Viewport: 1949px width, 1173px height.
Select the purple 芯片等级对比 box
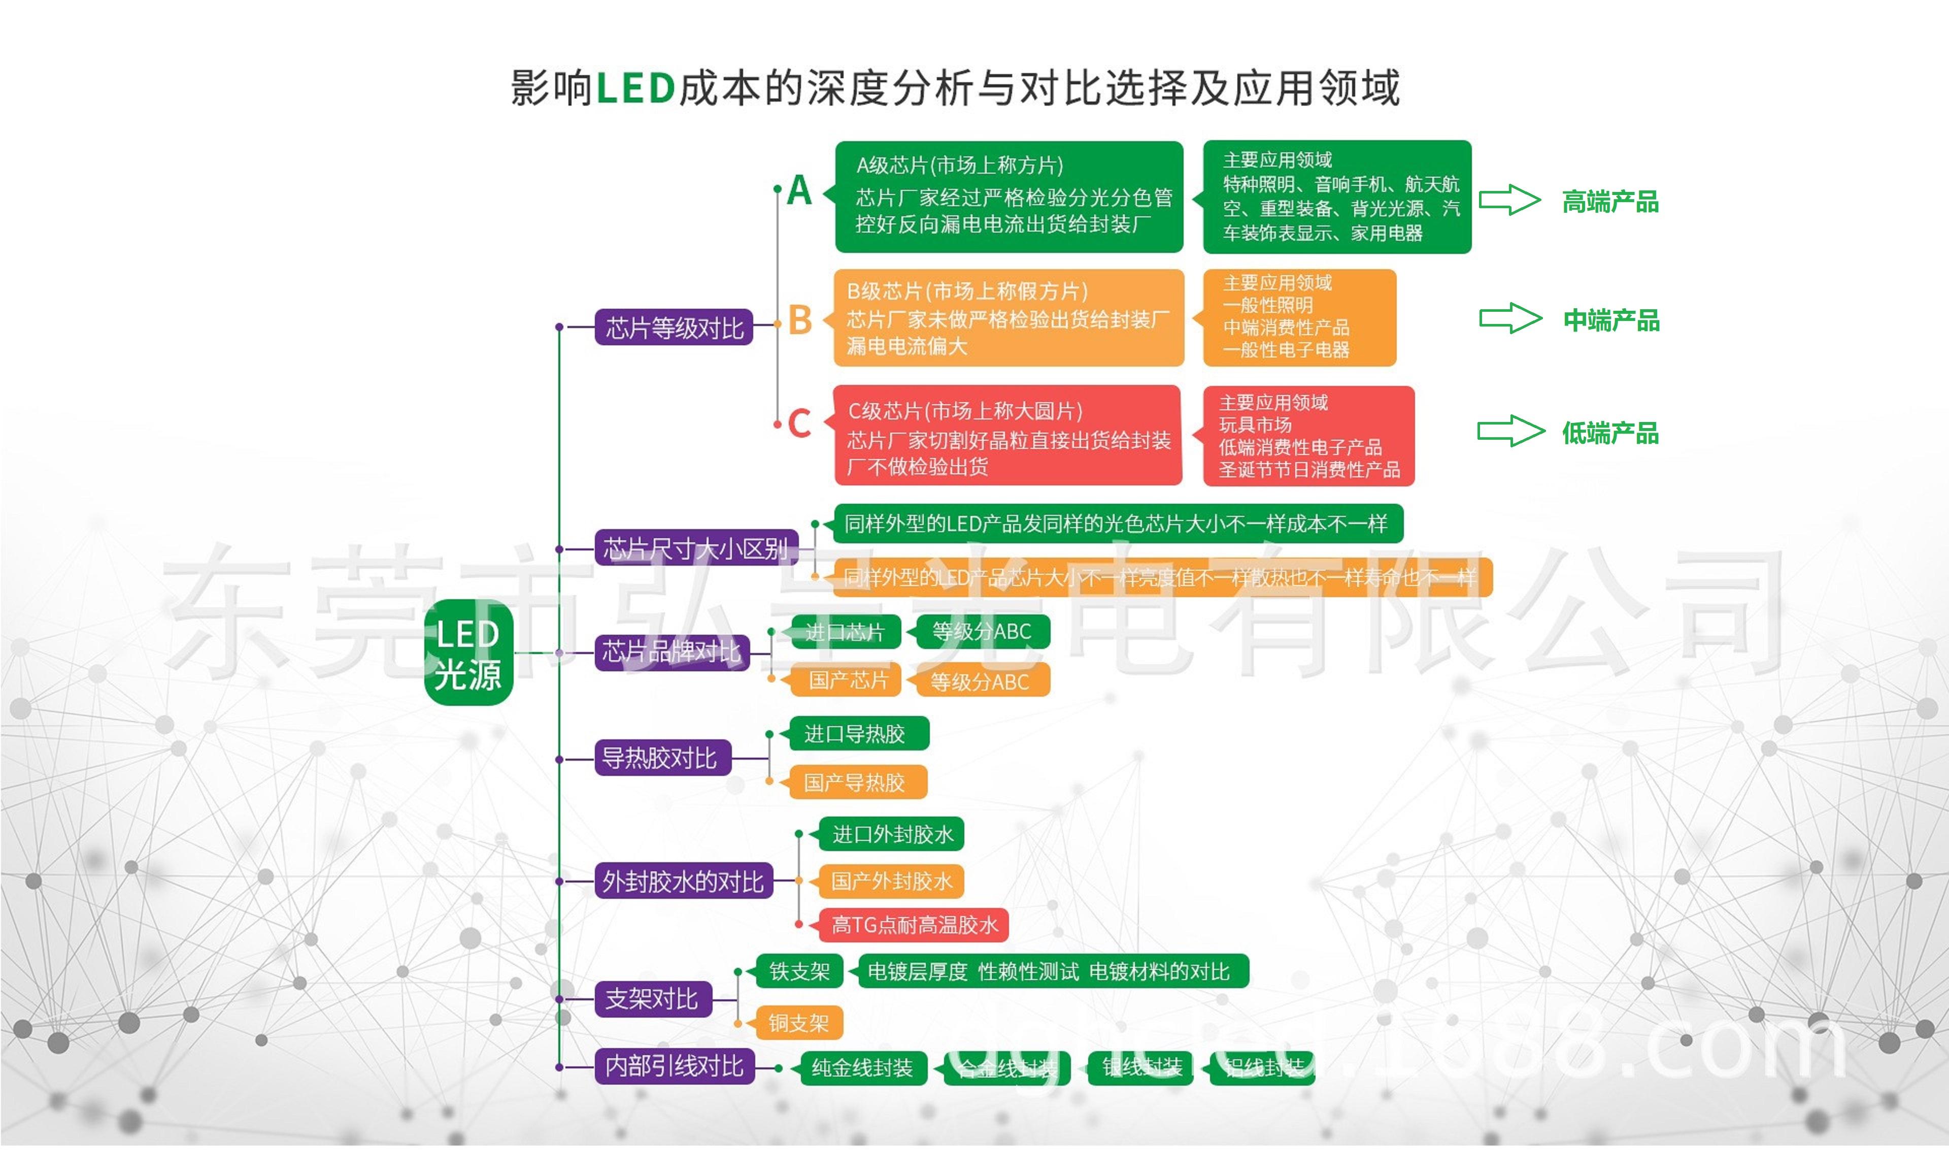point(674,327)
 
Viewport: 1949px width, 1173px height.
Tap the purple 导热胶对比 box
point(662,758)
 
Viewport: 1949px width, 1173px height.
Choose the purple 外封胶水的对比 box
point(683,881)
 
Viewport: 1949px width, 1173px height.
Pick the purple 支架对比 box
point(653,999)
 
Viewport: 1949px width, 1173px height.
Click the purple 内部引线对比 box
point(675,1066)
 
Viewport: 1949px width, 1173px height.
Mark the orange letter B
point(800,320)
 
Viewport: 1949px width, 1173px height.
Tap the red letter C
point(799,423)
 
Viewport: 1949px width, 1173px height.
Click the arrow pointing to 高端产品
point(1509,200)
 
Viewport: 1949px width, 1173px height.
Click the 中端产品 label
point(1611,320)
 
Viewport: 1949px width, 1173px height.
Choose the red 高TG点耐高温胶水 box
point(914,925)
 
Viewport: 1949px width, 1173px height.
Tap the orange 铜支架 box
point(799,1023)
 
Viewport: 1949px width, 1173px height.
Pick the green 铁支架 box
point(799,971)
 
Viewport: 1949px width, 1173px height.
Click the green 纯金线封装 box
point(862,1069)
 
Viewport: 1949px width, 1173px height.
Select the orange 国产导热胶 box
point(854,783)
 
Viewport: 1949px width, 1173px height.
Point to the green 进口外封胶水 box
point(892,834)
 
